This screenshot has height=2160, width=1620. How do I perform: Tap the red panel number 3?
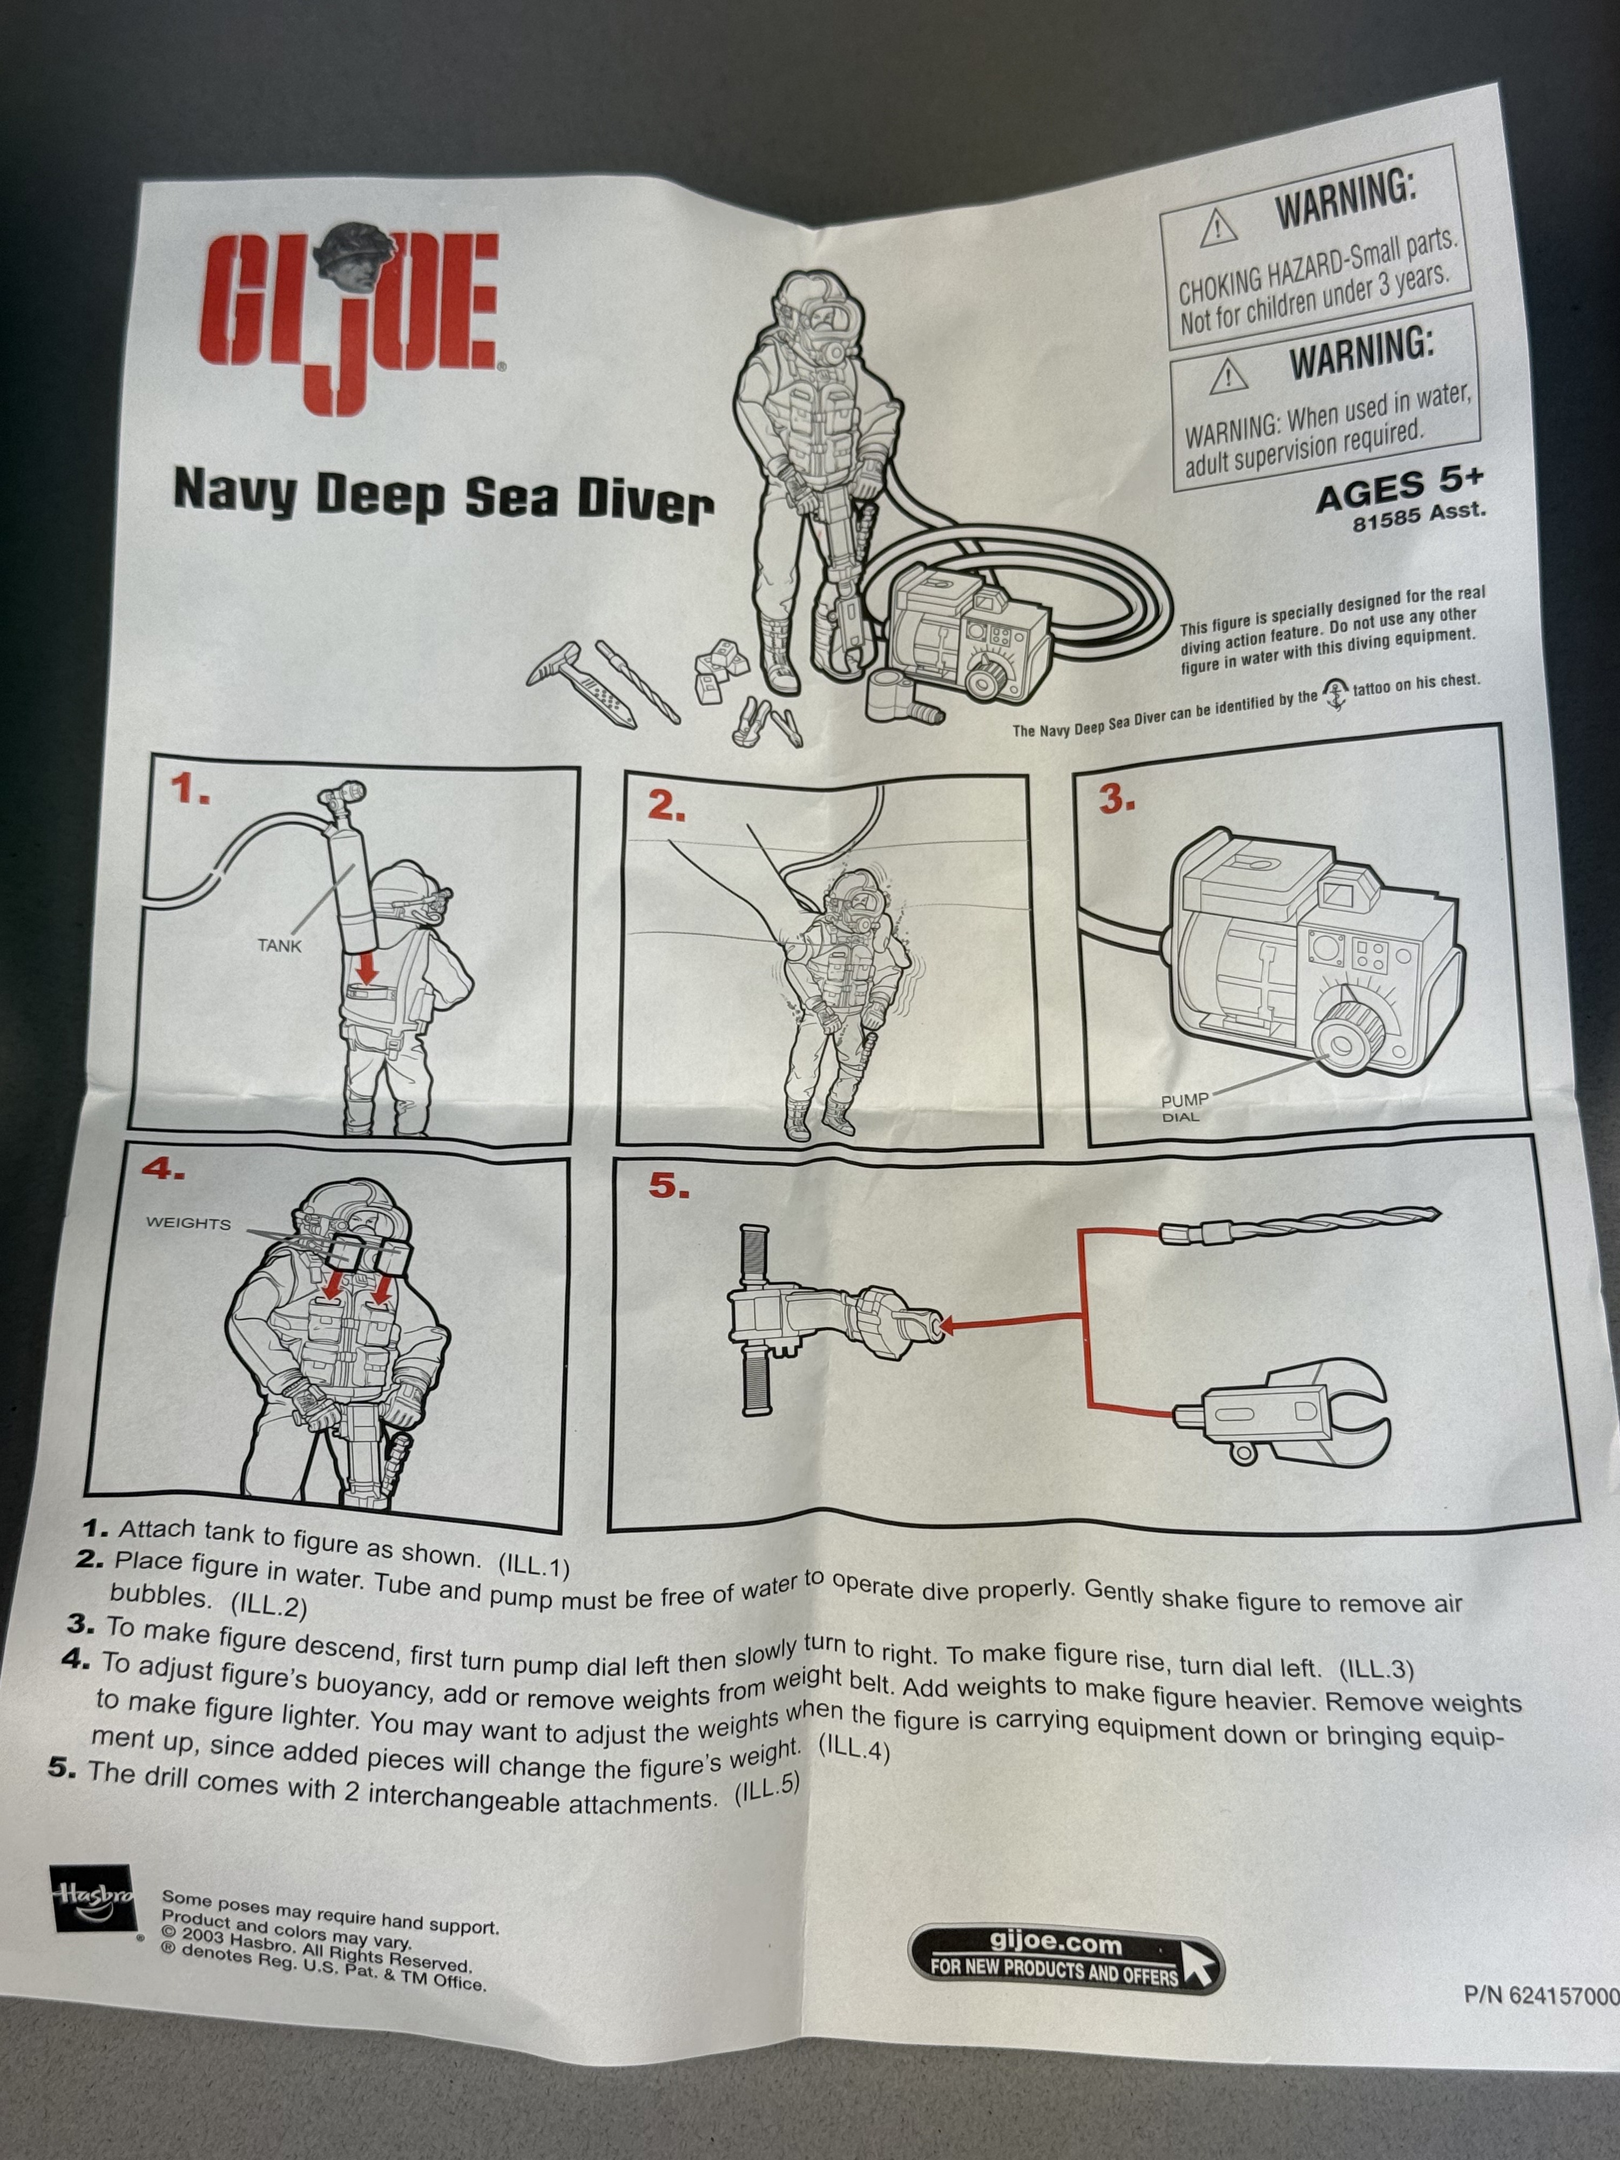click(1116, 800)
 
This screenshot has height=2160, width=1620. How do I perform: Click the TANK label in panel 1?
click(279, 945)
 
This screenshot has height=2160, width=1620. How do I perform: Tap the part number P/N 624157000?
click(1542, 1995)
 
